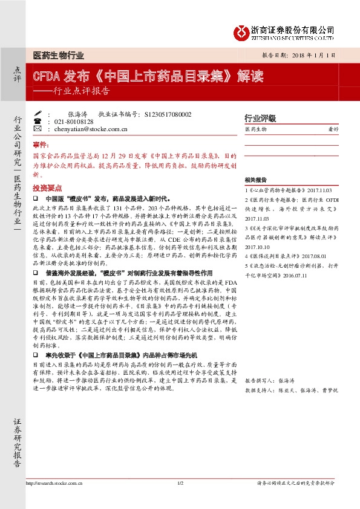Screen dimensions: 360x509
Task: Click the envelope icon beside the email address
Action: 38,129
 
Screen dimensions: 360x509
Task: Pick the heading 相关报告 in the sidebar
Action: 256,180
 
